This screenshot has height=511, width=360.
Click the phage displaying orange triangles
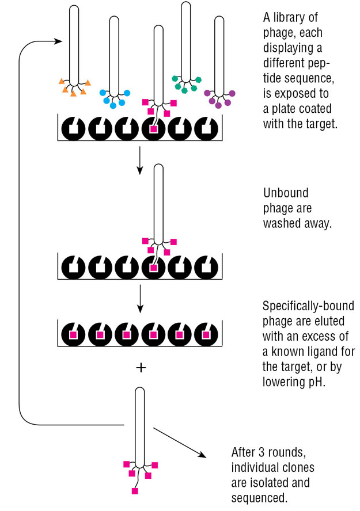(74, 46)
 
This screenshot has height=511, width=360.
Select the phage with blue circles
(114, 58)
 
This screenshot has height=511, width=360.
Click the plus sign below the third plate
(140, 367)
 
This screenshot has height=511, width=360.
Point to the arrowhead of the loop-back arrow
(58, 41)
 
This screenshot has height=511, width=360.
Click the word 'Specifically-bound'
(308, 306)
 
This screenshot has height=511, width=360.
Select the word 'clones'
(298, 467)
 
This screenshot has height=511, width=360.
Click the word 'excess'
(320, 336)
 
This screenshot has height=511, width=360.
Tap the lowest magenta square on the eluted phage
(134, 491)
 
